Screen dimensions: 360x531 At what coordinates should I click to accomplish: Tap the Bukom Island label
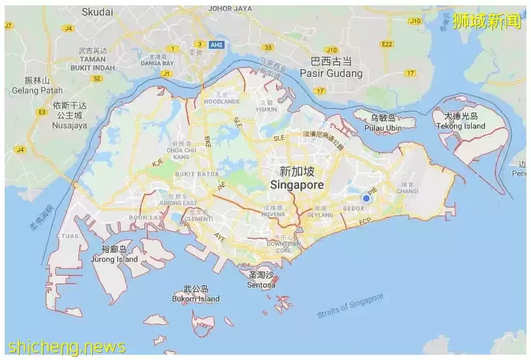tap(196, 299)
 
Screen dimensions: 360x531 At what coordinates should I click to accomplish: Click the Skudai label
tap(98, 12)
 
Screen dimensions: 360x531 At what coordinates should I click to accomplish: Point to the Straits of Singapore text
tap(350, 307)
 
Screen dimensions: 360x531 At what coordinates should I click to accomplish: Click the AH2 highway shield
tap(215, 45)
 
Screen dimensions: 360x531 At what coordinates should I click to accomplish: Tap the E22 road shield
tap(387, 44)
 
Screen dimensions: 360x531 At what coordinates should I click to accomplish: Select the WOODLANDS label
tap(221, 102)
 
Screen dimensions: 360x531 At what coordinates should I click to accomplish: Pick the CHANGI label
tap(407, 191)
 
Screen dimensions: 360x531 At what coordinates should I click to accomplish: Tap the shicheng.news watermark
tap(67, 346)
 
